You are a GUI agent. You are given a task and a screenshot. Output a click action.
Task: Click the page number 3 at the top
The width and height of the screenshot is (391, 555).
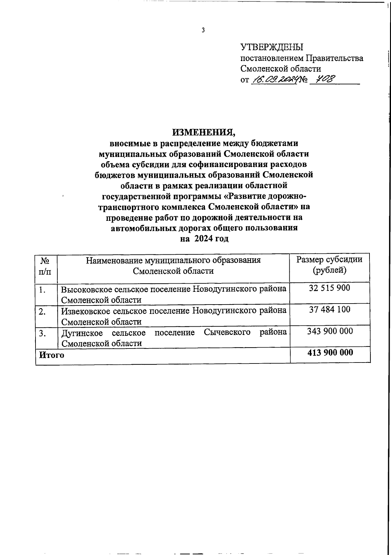[203, 31]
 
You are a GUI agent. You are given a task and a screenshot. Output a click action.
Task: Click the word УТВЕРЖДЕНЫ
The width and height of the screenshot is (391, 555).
[272, 48]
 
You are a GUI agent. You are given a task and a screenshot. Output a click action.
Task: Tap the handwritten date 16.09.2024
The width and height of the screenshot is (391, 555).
[274, 79]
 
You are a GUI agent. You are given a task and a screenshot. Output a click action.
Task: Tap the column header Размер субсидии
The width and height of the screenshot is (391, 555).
[329, 260]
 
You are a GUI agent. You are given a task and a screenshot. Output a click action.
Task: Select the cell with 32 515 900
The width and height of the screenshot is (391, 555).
[329, 288]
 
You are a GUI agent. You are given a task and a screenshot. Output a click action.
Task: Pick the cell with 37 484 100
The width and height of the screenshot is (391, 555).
[330, 309]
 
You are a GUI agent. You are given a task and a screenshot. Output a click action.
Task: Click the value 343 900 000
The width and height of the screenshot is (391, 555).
[330, 331]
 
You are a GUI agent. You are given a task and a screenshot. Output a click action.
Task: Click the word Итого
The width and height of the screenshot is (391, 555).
[51, 355]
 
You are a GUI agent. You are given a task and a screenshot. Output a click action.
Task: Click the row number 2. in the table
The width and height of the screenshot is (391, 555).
[42, 312]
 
